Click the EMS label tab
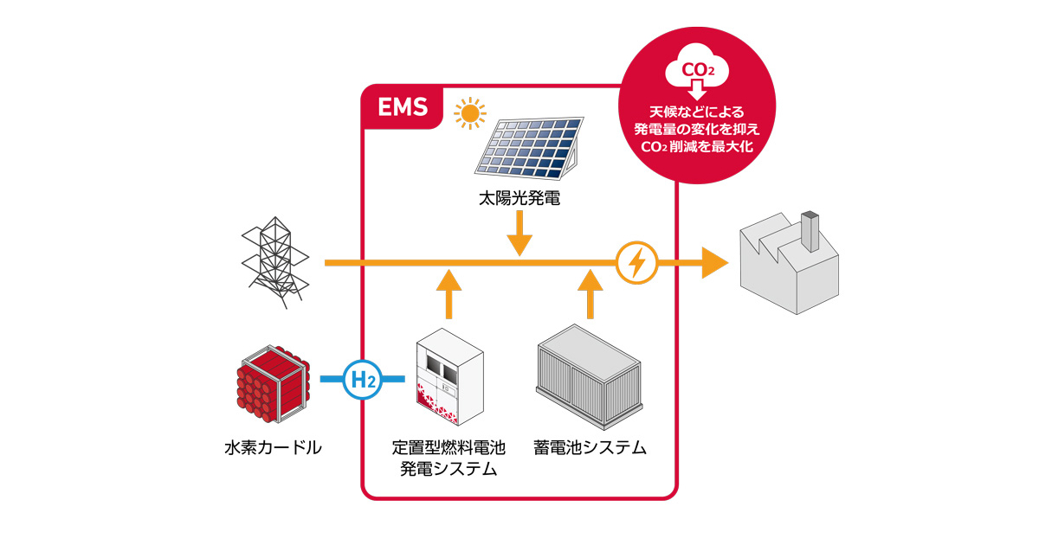(x=402, y=108)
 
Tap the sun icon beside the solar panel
(x=470, y=113)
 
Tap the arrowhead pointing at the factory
(x=714, y=262)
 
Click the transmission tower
(x=274, y=262)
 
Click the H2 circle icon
(x=361, y=379)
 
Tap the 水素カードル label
(x=272, y=448)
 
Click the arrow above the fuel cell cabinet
(x=448, y=292)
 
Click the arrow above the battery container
(x=591, y=292)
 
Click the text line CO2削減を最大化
(x=698, y=147)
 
